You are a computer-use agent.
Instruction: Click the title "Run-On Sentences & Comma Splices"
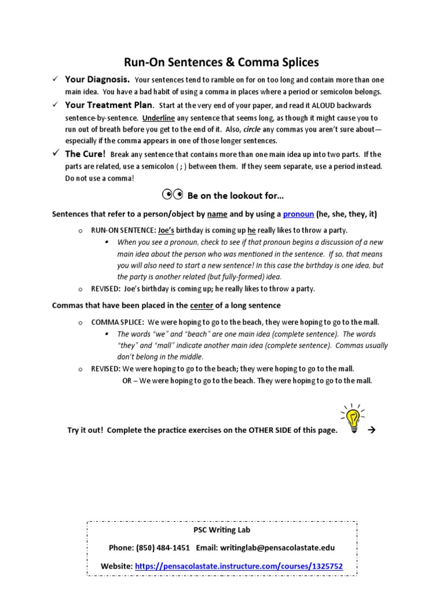coord(221,62)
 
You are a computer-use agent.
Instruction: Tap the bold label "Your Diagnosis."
coord(97,80)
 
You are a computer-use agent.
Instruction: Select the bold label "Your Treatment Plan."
coord(110,105)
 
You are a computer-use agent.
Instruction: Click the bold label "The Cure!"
coord(85,154)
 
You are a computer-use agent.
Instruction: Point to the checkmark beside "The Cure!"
coord(55,154)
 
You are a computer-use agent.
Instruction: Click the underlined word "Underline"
coord(159,117)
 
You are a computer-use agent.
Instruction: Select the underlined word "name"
coord(217,214)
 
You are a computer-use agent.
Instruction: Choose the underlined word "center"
coord(202,305)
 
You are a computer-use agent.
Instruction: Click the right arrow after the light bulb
coord(372,429)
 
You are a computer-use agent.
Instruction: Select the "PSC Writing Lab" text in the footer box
coord(221,529)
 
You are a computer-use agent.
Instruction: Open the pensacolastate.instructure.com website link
coord(239,566)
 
